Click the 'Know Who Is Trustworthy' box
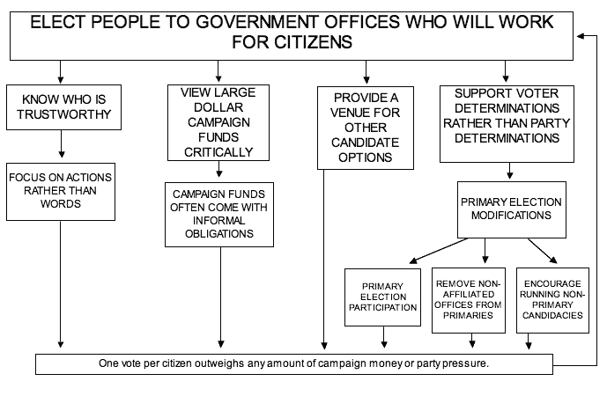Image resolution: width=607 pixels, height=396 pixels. (x=64, y=107)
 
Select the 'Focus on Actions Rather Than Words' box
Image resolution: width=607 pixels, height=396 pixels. (x=61, y=192)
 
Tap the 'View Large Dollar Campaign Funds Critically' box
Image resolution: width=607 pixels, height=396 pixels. (x=218, y=122)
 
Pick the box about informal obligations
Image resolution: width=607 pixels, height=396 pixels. (x=219, y=215)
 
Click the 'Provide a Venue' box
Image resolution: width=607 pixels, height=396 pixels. (x=366, y=128)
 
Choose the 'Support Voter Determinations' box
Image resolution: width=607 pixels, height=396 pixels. (x=507, y=124)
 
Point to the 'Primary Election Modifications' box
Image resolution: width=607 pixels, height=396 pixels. (x=512, y=209)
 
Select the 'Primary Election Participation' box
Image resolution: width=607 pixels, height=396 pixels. (x=383, y=297)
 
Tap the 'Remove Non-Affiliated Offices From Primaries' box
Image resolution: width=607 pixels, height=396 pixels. (x=469, y=300)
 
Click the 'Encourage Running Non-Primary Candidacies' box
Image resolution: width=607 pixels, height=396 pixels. (x=552, y=300)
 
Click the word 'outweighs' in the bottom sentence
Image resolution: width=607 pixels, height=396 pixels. (x=219, y=363)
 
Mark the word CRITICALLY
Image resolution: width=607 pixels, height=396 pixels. (x=218, y=152)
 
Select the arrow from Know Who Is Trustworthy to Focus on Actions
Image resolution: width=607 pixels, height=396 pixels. (x=61, y=143)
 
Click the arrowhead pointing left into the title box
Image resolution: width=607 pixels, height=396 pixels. (x=581, y=36)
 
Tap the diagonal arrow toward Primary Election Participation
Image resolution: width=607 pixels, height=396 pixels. (x=438, y=251)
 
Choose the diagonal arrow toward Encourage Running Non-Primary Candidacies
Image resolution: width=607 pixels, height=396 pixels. (x=543, y=251)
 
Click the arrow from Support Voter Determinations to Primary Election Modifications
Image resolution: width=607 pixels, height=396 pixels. (x=510, y=171)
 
